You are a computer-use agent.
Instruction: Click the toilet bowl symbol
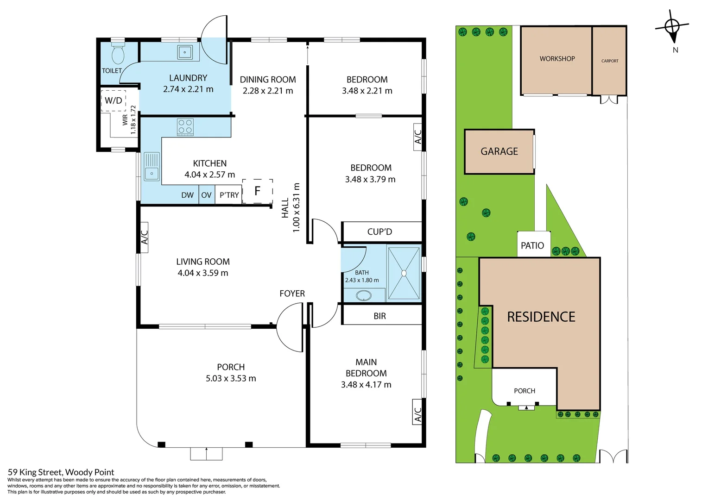(118, 54)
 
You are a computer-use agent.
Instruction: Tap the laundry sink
(184, 52)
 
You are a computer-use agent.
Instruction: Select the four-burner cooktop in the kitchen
(185, 127)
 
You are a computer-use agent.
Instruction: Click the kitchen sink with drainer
(152, 167)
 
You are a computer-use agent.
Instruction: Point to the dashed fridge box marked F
(257, 191)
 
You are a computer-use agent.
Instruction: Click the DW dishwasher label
(187, 195)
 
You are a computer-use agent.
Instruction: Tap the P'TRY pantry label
(229, 195)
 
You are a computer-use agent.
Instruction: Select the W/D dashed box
(114, 100)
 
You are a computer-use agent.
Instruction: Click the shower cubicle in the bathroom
(404, 273)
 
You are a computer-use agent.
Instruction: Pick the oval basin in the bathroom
(363, 295)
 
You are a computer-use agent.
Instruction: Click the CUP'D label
(379, 232)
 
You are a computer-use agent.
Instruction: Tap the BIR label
(379, 316)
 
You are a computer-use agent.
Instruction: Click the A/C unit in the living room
(144, 237)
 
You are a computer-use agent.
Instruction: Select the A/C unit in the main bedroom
(417, 412)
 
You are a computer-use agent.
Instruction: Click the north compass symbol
(672, 28)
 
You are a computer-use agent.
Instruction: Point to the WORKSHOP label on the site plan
(557, 59)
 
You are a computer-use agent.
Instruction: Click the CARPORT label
(610, 61)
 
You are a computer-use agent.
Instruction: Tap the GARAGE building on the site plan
(499, 151)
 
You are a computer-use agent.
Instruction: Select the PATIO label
(532, 246)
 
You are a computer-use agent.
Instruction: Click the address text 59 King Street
(61, 472)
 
